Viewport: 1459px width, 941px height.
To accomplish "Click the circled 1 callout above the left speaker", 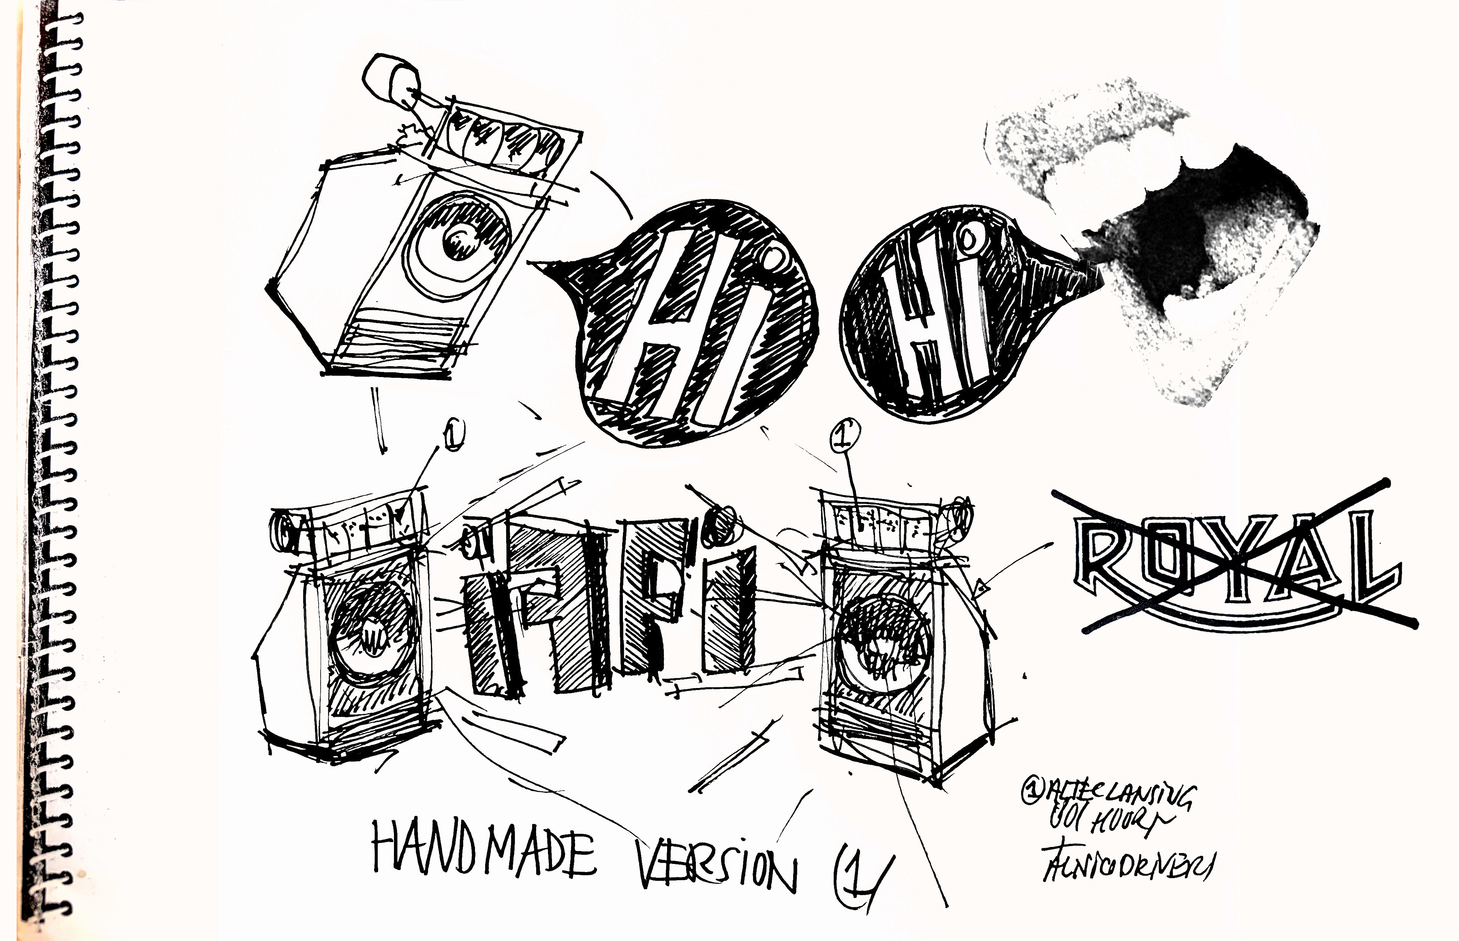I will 455,433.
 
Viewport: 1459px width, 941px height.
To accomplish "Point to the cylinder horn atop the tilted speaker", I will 391,79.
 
